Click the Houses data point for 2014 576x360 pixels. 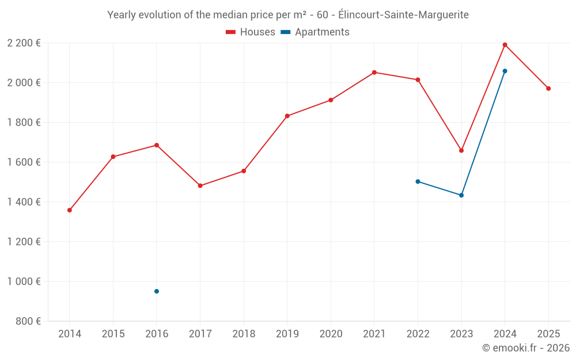pyautogui.click(x=70, y=210)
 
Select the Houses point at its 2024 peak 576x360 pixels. pyautogui.click(x=505, y=45)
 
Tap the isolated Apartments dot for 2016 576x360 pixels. pyautogui.click(x=157, y=291)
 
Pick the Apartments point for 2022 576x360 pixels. pyautogui.click(x=418, y=181)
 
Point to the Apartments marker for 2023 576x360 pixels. pyautogui.click(x=461, y=195)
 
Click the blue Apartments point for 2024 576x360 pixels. pyautogui.click(x=505, y=71)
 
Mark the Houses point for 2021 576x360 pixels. pyautogui.click(x=374, y=73)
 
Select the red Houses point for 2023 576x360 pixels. pyautogui.click(x=461, y=150)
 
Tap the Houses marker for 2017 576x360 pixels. pyautogui.click(x=200, y=186)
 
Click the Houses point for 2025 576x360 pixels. pyautogui.click(x=548, y=89)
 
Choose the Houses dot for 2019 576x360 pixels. pyautogui.click(x=287, y=116)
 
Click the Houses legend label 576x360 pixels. pyautogui.click(x=257, y=32)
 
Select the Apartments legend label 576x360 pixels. pyautogui.click(x=322, y=32)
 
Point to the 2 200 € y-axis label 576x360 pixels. pyautogui.click(x=24, y=43)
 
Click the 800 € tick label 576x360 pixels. pyautogui.click(x=28, y=321)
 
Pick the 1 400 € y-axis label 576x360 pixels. pyautogui.click(x=24, y=202)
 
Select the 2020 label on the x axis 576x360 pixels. pyautogui.click(x=331, y=334)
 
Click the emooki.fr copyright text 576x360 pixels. pyautogui.click(x=526, y=348)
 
